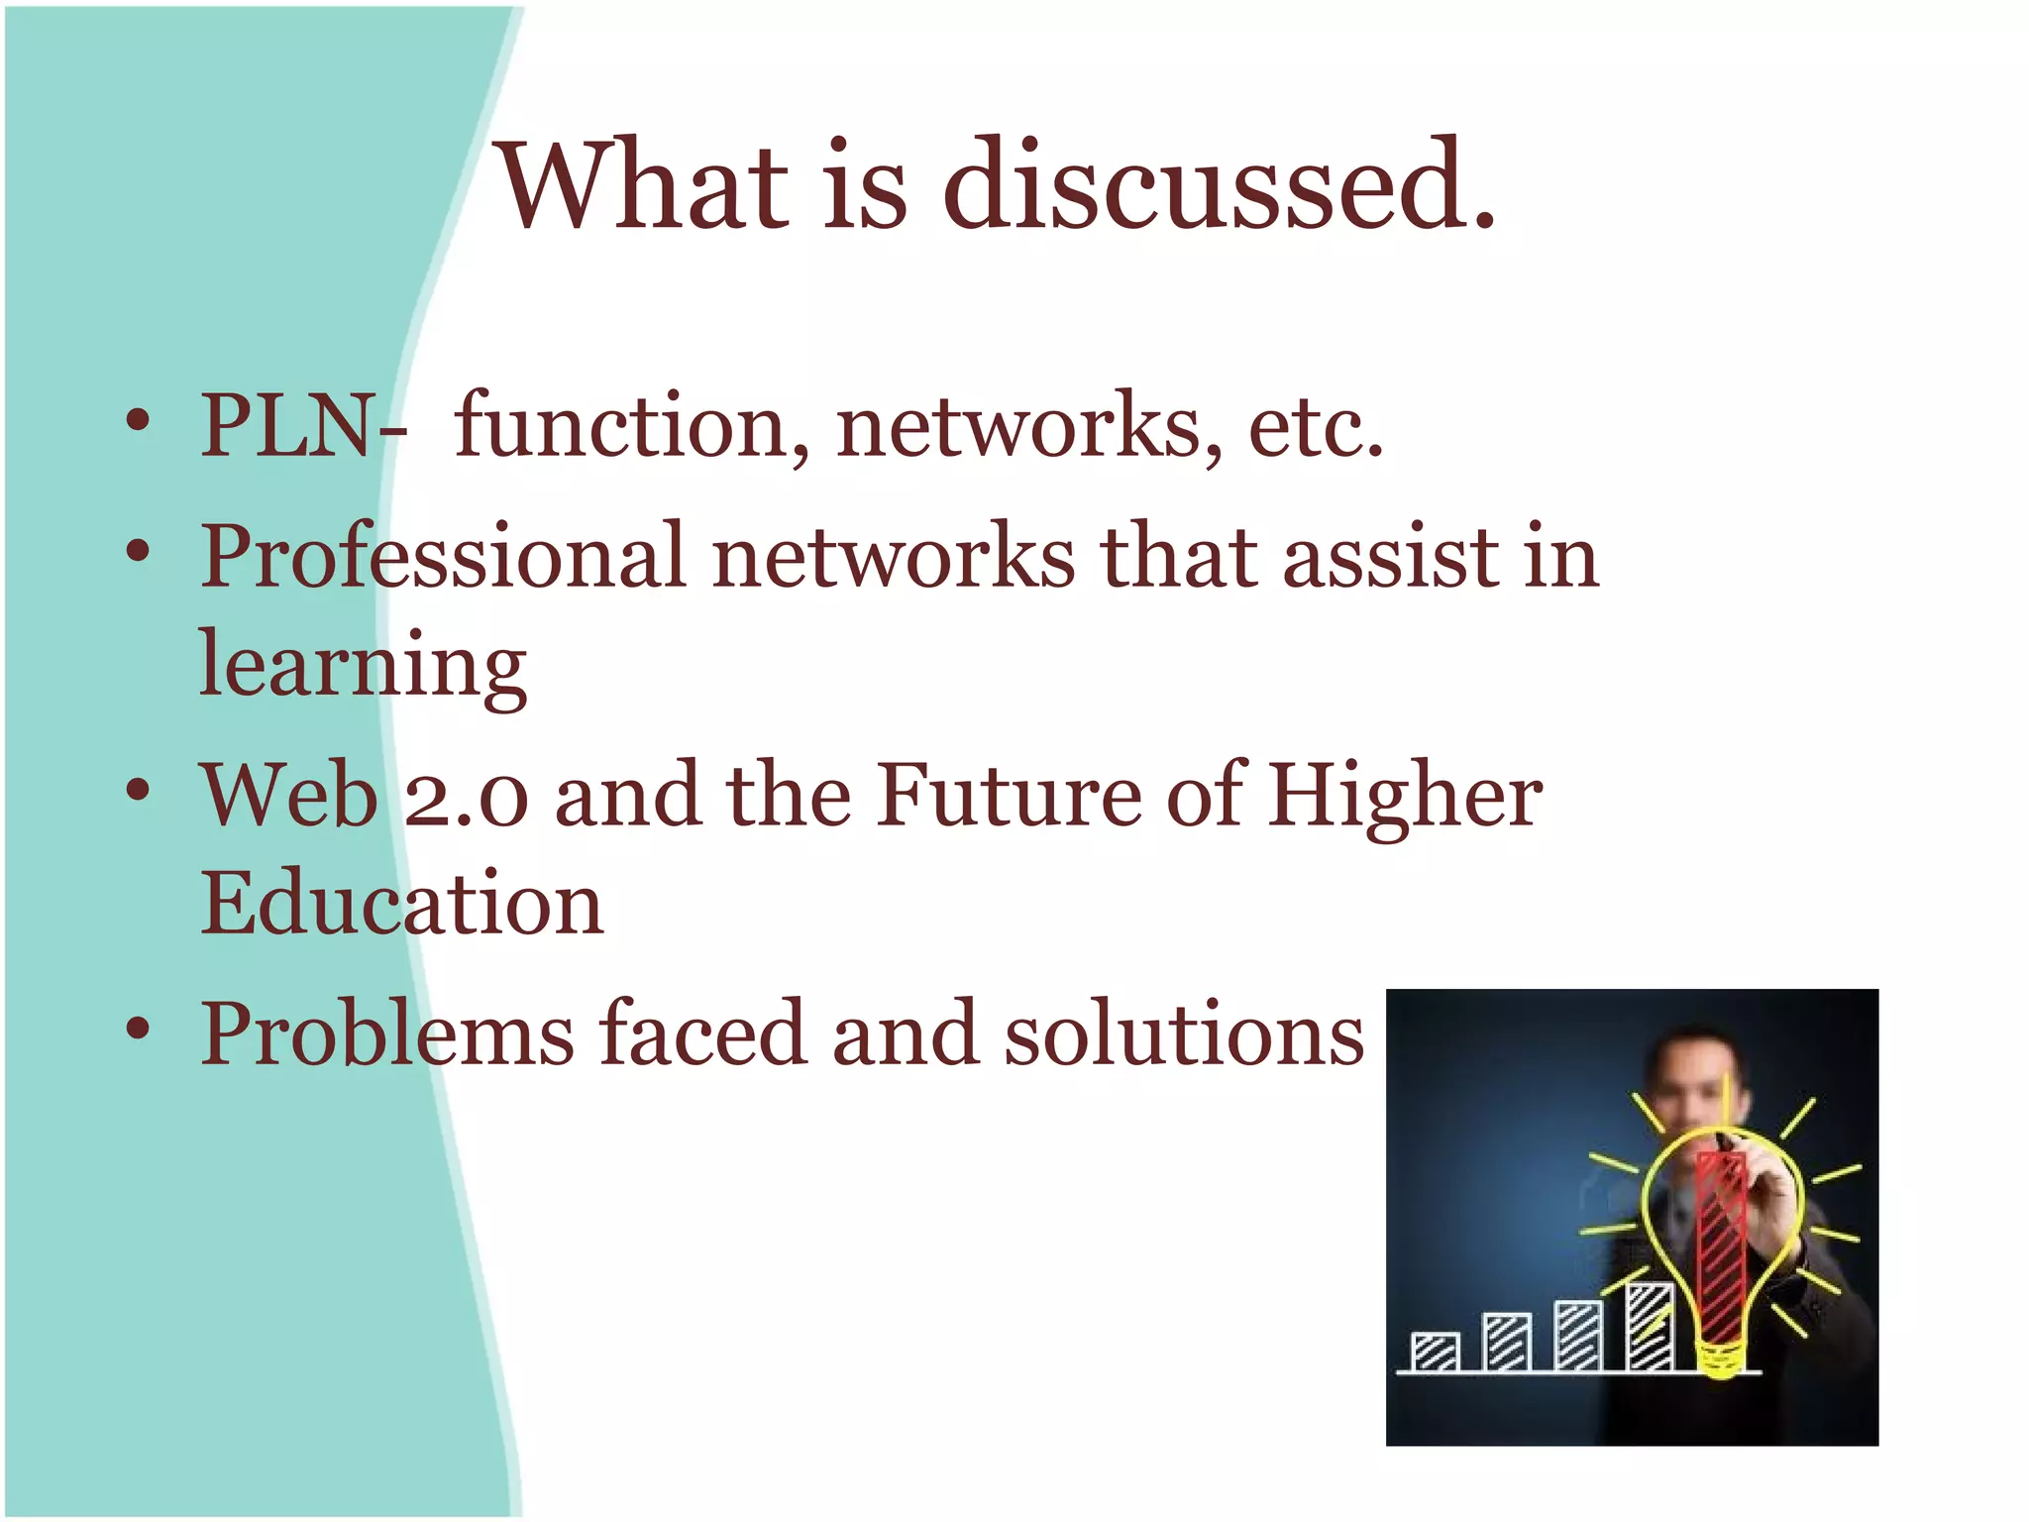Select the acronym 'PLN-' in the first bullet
click(302, 426)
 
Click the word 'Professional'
click(443, 556)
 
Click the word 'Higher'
click(1405, 798)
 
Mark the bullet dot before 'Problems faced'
click(139, 1030)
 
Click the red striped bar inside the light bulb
click(1721, 1249)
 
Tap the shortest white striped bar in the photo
click(1435, 1352)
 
